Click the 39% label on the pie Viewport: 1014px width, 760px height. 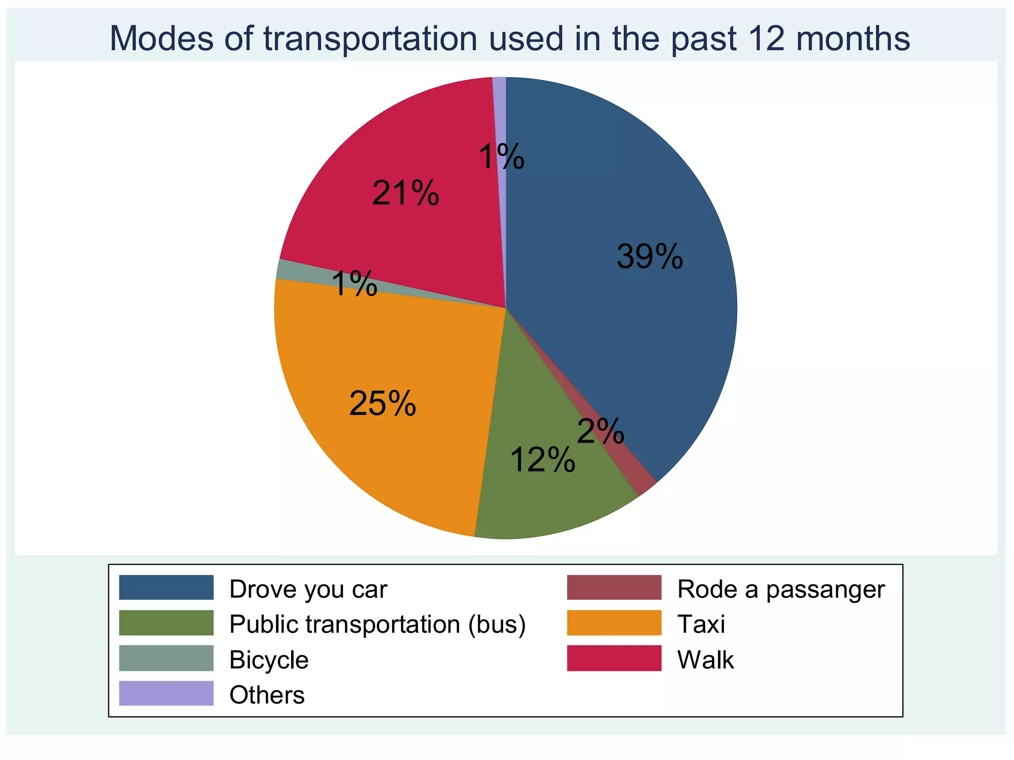pyautogui.click(x=650, y=257)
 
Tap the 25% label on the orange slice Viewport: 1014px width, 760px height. pyautogui.click(x=382, y=403)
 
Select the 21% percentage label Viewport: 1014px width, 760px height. pyautogui.click(x=406, y=193)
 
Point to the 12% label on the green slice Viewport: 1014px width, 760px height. pyautogui.click(x=543, y=460)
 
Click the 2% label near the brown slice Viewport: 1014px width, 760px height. pyautogui.click(x=601, y=431)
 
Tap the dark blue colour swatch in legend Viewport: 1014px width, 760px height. pyautogui.click(x=166, y=587)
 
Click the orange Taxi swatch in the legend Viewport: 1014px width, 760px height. pyautogui.click(x=614, y=623)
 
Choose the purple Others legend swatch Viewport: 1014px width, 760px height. pyautogui.click(x=166, y=693)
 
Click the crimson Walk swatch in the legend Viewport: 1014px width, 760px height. pyautogui.click(x=614, y=658)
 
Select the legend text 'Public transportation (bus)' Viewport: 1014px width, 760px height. pyautogui.click(x=377, y=624)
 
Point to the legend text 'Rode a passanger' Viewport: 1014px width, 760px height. pyautogui.click(x=781, y=589)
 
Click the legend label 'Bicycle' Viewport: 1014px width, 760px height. pyautogui.click(x=269, y=660)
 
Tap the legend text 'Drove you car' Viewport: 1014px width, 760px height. pyautogui.click(x=308, y=589)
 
